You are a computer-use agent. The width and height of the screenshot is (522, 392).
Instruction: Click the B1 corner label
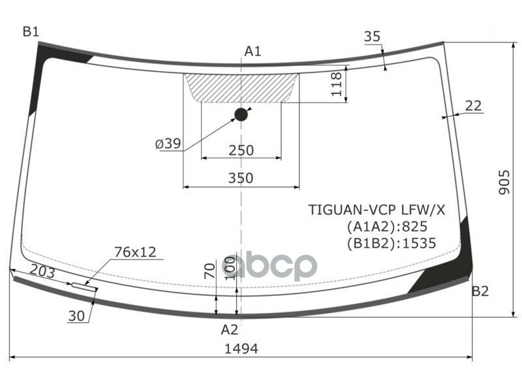(x=31, y=31)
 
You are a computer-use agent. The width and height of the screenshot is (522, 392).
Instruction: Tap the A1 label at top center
(x=253, y=51)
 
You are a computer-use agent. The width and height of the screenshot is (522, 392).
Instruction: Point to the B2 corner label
(x=480, y=291)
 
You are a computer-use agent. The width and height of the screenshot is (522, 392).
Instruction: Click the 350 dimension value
(x=241, y=178)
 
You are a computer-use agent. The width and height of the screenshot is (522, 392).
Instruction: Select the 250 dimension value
(x=241, y=150)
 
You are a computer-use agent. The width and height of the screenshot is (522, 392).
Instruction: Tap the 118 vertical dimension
(x=337, y=84)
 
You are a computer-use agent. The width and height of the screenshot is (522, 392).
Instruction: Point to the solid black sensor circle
(x=241, y=115)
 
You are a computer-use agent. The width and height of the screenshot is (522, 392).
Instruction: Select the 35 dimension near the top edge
(x=372, y=37)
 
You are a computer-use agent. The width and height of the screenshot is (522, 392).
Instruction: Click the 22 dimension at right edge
(x=474, y=105)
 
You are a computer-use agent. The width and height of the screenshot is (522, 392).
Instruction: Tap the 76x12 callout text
(x=135, y=252)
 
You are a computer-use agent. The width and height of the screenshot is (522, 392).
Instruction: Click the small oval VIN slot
(x=84, y=286)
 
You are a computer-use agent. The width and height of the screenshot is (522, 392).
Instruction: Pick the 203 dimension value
(x=42, y=272)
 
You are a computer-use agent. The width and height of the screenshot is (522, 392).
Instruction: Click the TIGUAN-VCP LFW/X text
(x=376, y=210)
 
